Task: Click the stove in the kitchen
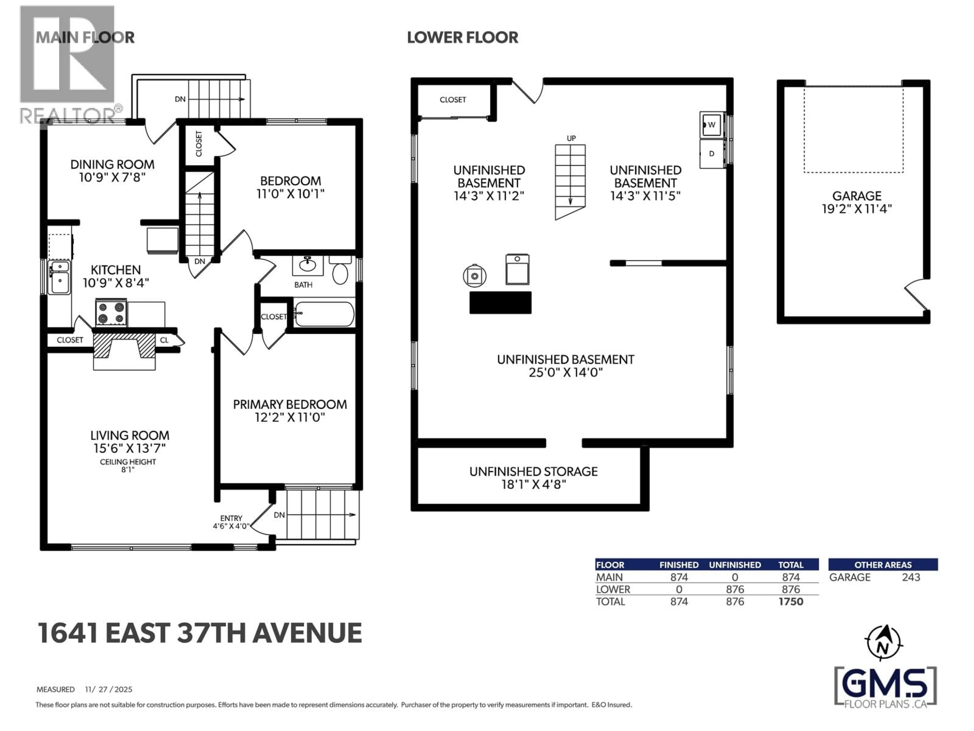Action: click(x=111, y=313)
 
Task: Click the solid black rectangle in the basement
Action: click(x=500, y=303)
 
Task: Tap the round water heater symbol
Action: click(x=474, y=276)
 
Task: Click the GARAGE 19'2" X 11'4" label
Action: click(x=856, y=202)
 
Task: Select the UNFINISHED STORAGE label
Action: click(x=533, y=478)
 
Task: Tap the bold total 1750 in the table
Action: click(x=791, y=602)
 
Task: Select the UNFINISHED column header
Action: click(x=735, y=565)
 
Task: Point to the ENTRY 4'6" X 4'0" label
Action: click(x=231, y=522)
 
